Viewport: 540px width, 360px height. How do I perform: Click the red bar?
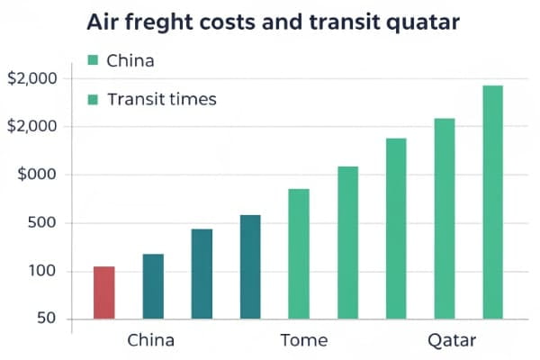[x=104, y=292]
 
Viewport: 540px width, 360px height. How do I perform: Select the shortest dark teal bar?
[x=153, y=286]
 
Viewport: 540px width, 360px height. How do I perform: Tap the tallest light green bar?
[x=492, y=202]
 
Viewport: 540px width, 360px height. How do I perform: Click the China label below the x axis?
[x=150, y=341]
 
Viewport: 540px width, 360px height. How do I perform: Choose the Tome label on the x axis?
[x=304, y=341]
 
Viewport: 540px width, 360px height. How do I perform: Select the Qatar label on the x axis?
[x=451, y=342]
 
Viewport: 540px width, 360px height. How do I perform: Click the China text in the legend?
[x=130, y=61]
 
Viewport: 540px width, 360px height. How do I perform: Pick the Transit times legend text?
[x=162, y=99]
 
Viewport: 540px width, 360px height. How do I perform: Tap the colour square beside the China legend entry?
[x=92, y=60]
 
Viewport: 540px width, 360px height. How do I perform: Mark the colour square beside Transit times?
[x=92, y=99]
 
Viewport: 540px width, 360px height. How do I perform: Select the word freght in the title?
[x=160, y=22]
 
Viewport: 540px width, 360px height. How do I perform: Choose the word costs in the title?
[x=229, y=21]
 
